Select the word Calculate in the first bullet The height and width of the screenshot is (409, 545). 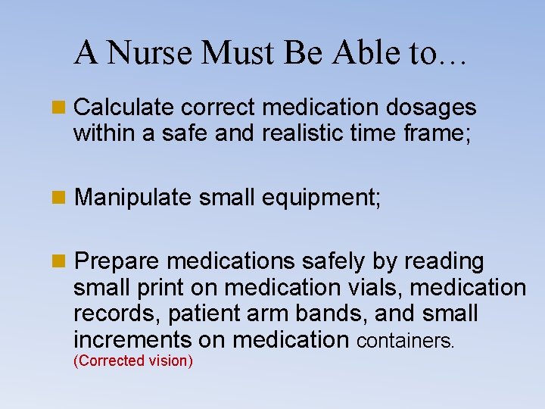[x=126, y=108]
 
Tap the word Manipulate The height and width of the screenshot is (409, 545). [x=133, y=198]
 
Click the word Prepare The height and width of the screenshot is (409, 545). [x=118, y=262]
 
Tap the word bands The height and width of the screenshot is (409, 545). [x=342, y=314]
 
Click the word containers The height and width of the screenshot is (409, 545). [x=405, y=341]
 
